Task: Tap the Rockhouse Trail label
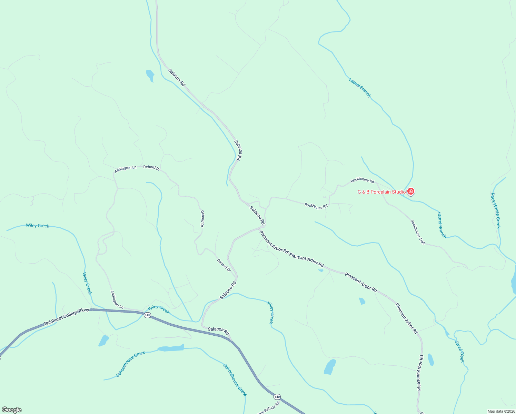click(417, 232)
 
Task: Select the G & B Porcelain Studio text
click(381, 192)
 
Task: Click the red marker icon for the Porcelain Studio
click(410, 191)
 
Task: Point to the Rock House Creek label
click(495, 210)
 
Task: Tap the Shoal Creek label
click(460, 352)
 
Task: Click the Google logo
click(11, 410)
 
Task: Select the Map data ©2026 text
click(501, 411)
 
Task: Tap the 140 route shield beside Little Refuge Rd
click(277, 397)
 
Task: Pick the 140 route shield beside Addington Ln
click(147, 315)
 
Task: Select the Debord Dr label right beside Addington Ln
click(152, 168)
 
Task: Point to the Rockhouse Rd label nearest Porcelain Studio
click(362, 180)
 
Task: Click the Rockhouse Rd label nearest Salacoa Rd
click(316, 206)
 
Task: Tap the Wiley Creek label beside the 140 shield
click(159, 309)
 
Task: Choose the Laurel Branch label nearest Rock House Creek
click(442, 225)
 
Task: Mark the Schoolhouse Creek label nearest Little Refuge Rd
click(235, 380)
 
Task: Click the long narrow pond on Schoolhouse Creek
click(171, 348)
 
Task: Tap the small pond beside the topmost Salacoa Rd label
click(150, 75)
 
